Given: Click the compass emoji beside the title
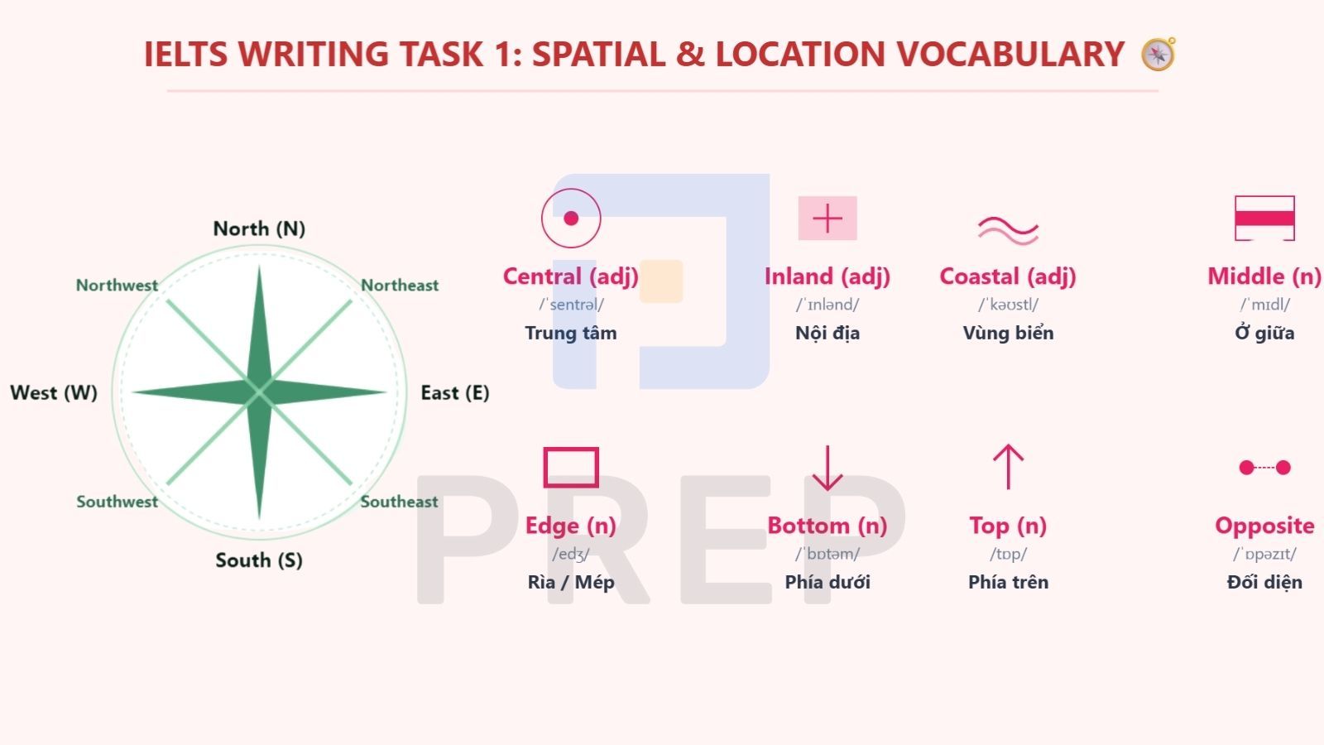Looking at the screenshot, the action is (x=1158, y=54).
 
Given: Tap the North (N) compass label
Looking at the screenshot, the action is (x=259, y=228).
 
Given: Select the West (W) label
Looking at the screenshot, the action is (x=54, y=392).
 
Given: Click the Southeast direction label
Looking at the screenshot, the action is (x=400, y=502).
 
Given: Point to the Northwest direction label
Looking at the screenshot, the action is (x=117, y=285).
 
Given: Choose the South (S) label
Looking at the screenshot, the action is (x=259, y=560).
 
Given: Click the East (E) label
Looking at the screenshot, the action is (x=455, y=392).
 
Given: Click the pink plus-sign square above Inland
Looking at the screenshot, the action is (x=827, y=219).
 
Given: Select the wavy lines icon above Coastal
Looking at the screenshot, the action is (x=1009, y=231).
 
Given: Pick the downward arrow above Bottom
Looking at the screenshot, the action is (x=827, y=468).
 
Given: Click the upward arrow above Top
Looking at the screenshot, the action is (x=1009, y=467).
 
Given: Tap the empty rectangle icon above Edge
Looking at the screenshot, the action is (x=571, y=449).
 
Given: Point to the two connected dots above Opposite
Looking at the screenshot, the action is (x=1265, y=468).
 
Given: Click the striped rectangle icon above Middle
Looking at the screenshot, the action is (x=1265, y=219).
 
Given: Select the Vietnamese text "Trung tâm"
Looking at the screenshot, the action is (x=571, y=333).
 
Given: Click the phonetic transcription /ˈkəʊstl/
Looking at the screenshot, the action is (x=1009, y=305).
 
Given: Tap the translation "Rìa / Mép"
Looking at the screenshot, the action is (x=571, y=583).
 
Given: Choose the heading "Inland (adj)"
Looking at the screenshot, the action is (x=827, y=276).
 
